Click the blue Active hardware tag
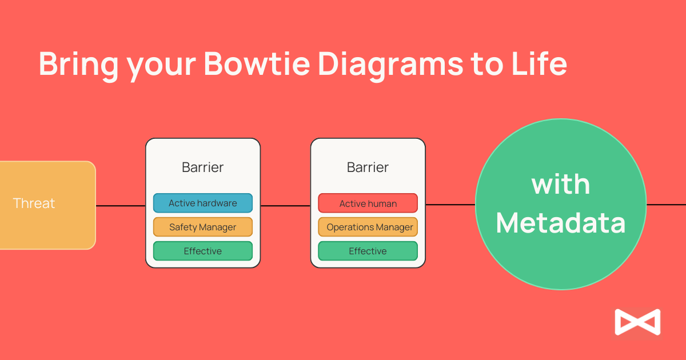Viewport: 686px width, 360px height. (203, 203)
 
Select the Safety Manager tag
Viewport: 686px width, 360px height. (203, 227)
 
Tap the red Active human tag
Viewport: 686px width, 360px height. (368, 203)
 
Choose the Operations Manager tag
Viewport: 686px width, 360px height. (368, 227)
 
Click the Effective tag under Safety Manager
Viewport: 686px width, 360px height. (203, 251)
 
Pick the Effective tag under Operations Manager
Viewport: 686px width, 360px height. (368, 251)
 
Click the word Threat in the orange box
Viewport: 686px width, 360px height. (34, 203)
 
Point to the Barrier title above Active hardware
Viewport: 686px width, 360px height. (203, 167)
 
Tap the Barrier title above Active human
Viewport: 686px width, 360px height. (368, 167)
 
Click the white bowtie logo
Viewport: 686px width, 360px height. (637, 322)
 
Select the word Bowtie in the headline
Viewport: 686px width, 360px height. (257, 63)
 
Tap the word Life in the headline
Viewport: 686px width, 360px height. (540, 63)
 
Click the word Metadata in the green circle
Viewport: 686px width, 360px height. (561, 223)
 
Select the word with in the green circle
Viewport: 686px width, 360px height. (561, 184)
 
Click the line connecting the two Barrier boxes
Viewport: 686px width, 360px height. (285, 206)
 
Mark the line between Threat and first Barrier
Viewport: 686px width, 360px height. (121, 206)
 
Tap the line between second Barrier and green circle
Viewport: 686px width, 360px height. (450, 205)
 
